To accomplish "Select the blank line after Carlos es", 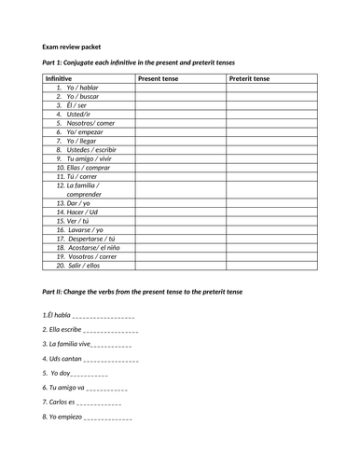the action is point(99,403).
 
